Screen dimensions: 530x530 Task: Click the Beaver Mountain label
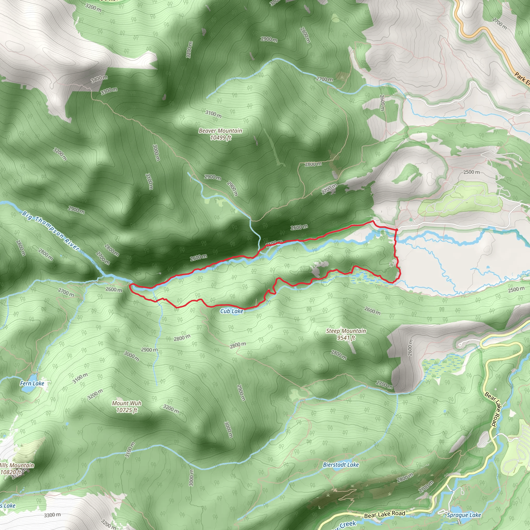pos(220,131)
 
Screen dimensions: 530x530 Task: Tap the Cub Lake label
pos(232,311)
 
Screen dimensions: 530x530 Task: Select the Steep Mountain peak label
pos(346,331)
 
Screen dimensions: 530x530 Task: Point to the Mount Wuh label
pos(127,403)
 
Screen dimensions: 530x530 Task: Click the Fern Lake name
pos(32,384)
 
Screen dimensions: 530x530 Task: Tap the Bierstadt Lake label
pos(341,465)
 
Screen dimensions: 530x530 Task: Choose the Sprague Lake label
pos(464,515)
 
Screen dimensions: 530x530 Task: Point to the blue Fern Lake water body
pos(26,389)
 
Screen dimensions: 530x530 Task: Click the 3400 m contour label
pos(99,79)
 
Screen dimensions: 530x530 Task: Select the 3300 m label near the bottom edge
pos(52,515)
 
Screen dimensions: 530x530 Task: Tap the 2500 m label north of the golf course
pos(471,172)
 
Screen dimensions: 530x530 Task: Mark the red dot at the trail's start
pos(396,229)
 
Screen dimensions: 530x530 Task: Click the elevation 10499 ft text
pos(220,138)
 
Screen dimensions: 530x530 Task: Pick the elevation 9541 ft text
pos(346,338)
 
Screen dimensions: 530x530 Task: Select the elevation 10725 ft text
pos(127,410)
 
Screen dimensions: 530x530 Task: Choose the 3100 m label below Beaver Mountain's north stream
pos(214,114)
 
